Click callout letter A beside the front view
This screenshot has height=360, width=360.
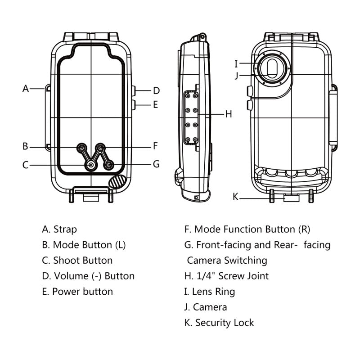coord(26,89)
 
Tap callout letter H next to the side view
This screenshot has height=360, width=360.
coord(229,114)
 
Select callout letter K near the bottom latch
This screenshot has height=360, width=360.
coord(235,196)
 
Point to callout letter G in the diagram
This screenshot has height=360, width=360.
coord(156,164)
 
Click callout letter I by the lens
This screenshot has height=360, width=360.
coord(236,63)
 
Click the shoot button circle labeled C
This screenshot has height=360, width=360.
coord(91,166)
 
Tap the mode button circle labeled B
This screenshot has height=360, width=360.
coord(82,147)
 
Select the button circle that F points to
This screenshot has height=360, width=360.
coord(101,147)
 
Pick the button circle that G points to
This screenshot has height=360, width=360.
coord(108,166)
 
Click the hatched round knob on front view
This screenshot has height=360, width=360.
coord(118,182)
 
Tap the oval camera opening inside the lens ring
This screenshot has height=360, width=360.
coord(272,68)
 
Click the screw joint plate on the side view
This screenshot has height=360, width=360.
coord(191,117)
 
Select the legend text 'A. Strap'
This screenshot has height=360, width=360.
coord(59,229)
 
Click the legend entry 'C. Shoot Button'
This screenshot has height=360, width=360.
coord(77,260)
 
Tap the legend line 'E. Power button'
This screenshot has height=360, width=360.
coord(77,291)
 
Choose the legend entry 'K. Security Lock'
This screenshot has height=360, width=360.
coord(219,323)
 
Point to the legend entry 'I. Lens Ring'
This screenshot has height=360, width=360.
coord(210,292)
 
